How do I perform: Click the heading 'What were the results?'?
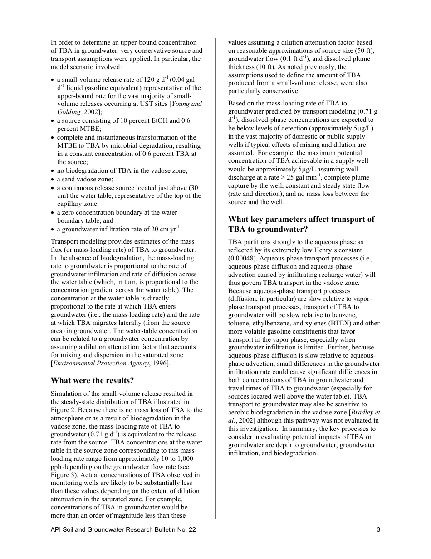tap(92, 380)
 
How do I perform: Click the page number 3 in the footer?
tap(378, 529)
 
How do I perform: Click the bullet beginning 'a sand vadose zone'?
tap(85, 179)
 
